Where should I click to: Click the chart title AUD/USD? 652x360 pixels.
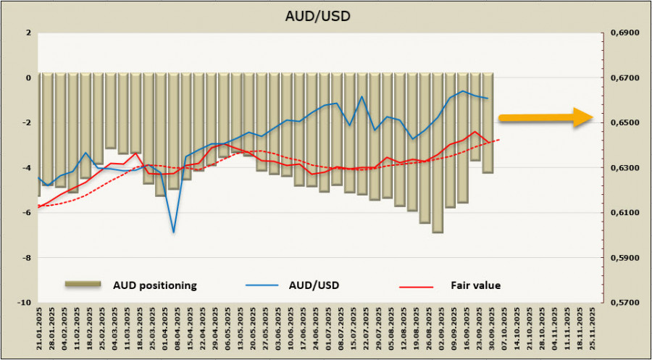326,15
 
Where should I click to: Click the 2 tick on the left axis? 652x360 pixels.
28,33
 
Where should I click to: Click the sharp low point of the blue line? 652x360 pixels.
174,233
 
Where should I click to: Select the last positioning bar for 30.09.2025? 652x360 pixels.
488,123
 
